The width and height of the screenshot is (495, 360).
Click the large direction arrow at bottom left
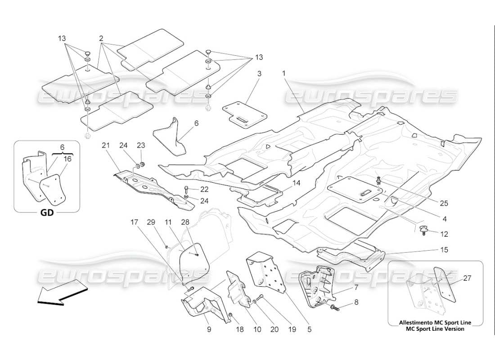click(x=60, y=293)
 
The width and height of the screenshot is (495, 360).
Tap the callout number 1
click(x=284, y=73)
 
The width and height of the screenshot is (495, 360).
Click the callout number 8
click(x=356, y=302)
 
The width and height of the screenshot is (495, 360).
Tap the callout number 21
click(x=105, y=145)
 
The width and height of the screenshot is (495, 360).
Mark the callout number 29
click(x=152, y=222)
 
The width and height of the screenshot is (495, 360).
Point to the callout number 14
click(x=297, y=183)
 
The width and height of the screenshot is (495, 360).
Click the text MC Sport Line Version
click(x=435, y=328)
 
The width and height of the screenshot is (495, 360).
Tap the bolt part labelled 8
click(x=336, y=308)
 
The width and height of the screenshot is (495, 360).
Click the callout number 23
click(x=141, y=145)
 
